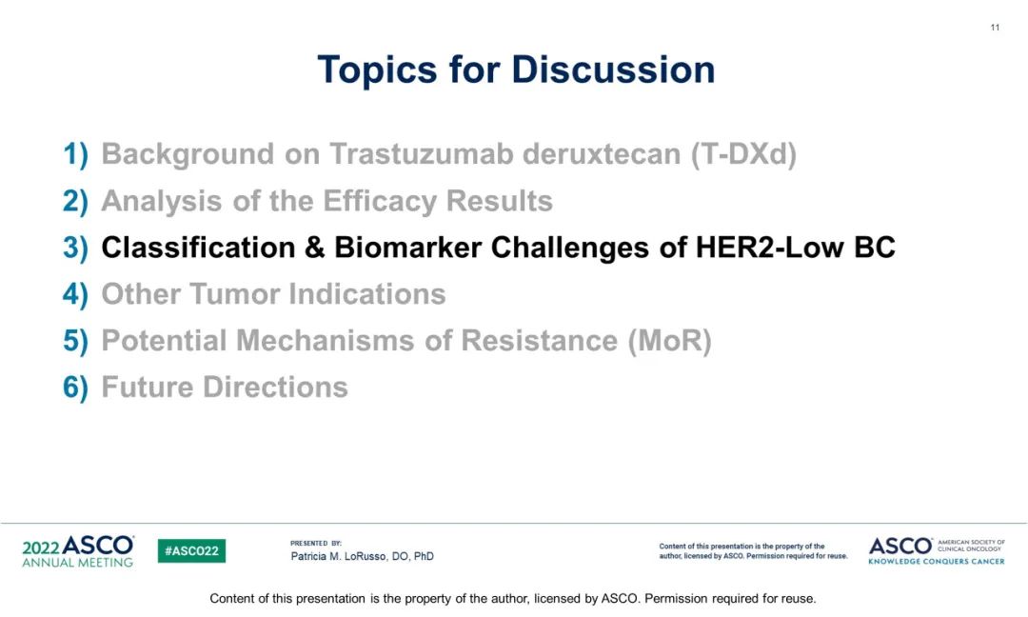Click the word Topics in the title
coord(377,70)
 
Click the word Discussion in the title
coord(614,69)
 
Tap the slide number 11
coord(995,28)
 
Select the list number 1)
coord(75,155)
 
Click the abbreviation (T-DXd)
coord(743,155)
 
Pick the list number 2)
coord(75,201)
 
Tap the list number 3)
coord(75,248)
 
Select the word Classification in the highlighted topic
coord(198,248)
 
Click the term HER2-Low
coord(769,248)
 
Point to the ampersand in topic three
coord(315,248)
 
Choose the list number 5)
coord(75,341)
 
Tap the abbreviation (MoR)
coord(669,341)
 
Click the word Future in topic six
coord(148,387)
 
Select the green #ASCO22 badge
coord(191,550)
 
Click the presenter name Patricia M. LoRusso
coord(338,556)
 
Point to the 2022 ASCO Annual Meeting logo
coord(78,551)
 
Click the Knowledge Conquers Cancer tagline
coord(937,561)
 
